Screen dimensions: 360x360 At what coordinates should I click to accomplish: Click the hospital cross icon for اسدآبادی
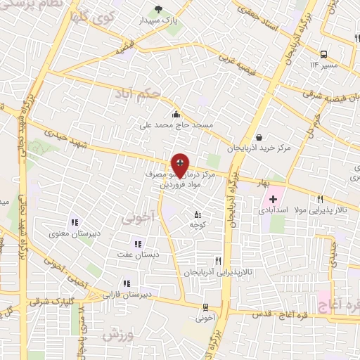pyautogui.click(x=273, y=200)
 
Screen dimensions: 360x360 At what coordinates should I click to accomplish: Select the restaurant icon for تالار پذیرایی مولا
pyautogui.click(x=321, y=199)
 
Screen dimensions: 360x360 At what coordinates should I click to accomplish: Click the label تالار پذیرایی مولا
pyautogui.click(x=322, y=210)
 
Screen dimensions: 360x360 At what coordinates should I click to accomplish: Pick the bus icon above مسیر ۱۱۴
pyautogui.click(x=323, y=54)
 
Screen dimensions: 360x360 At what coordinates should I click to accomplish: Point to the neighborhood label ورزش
pyautogui.click(x=118, y=335)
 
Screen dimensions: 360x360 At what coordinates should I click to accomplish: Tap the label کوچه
pyautogui.click(x=197, y=224)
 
